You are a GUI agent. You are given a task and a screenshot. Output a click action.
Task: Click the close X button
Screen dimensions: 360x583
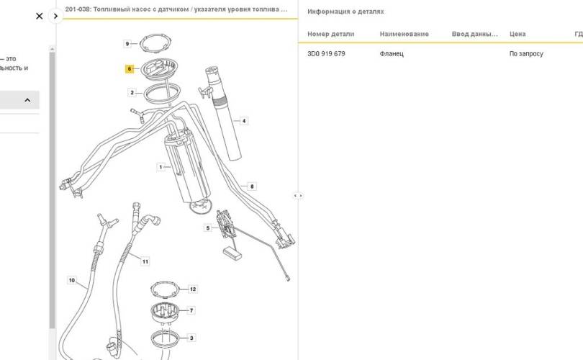click(x=40, y=16)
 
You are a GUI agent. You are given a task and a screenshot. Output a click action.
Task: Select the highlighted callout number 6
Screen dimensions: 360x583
click(x=130, y=69)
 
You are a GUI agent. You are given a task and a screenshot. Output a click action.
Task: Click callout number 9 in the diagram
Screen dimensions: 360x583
click(x=127, y=44)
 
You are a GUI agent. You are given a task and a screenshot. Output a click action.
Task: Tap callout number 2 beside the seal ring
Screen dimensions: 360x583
click(x=132, y=93)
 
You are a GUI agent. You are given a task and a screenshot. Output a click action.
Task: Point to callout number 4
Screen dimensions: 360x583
click(x=244, y=121)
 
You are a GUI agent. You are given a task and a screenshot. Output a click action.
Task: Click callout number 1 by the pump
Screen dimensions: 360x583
click(x=161, y=167)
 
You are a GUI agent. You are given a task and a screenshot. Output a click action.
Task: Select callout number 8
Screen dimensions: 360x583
click(x=252, y=186)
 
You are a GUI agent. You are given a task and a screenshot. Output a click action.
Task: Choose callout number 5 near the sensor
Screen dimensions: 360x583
click(x=208, y=228)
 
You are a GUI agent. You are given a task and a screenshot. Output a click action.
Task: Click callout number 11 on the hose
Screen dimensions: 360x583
click(x=145, y=261)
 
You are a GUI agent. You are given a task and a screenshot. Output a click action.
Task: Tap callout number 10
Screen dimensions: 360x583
click(x=72, y=280)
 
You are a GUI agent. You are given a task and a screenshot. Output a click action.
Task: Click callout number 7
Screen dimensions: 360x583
click(x=191, y=310)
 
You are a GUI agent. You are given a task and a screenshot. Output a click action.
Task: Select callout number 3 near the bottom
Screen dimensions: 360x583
click(x=191, y=337)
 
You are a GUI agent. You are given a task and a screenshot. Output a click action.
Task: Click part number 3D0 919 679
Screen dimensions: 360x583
click(x=326, y=54)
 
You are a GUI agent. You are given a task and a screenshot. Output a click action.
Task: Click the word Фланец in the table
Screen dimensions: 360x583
click(x=392, y=54)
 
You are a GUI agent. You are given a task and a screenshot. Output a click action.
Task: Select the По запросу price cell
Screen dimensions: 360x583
click(x=526, y=54)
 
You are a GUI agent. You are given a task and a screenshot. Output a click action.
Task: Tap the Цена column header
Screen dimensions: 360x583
click(x=518, y=34)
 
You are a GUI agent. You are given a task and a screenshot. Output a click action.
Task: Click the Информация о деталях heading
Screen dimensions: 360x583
click(x=345, y=12)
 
